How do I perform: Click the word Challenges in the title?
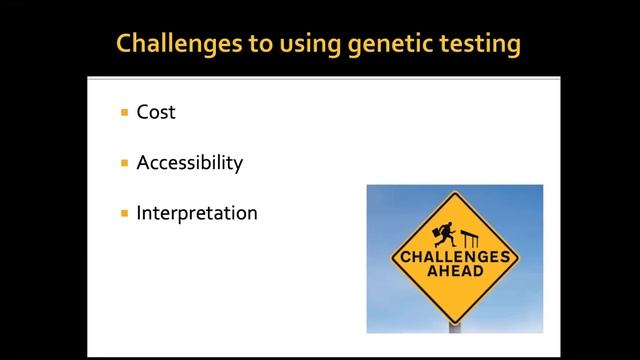171,43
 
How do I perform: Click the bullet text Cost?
156,112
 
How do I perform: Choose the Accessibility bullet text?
189,162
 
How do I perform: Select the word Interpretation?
197,213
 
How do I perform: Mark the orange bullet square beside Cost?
124,113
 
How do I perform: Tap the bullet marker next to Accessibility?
124,163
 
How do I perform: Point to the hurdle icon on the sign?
472,238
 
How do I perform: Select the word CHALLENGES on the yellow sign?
455,257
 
